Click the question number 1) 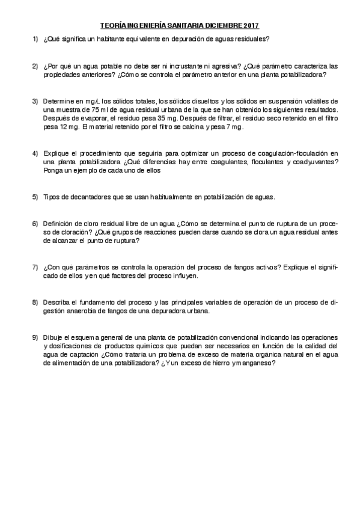(x=36, y=39)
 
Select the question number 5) (x=36, y=197)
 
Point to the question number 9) (x=36, y=337)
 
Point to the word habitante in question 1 (x=115, y=39)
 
